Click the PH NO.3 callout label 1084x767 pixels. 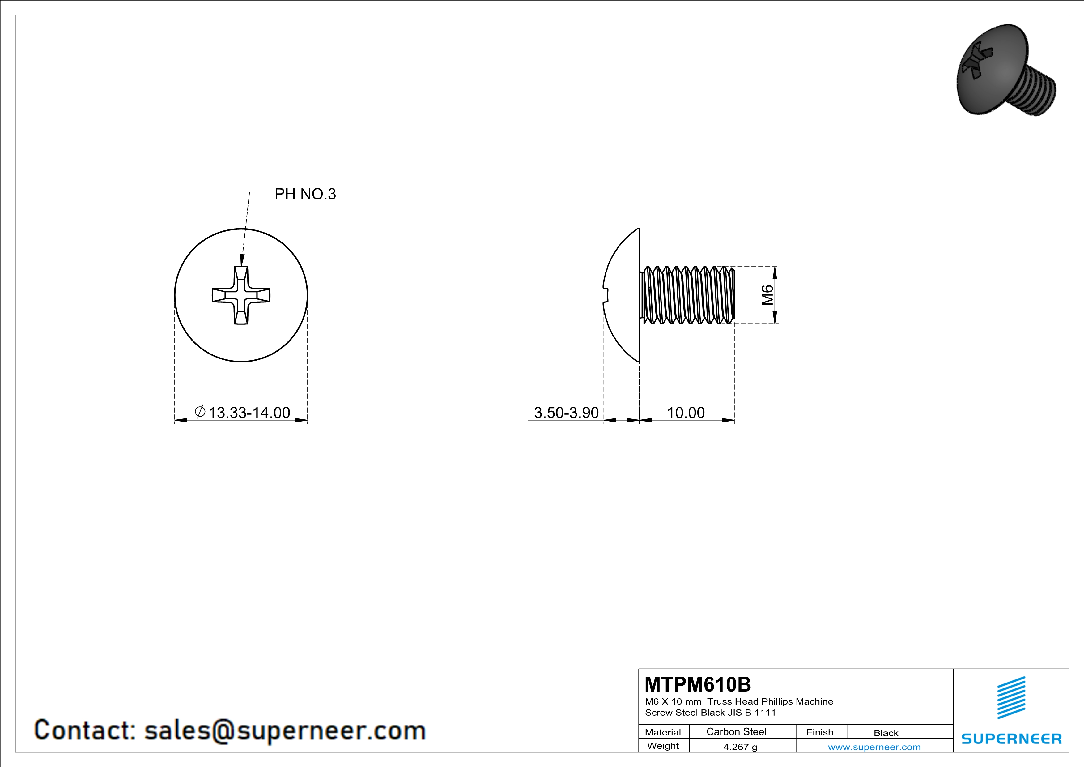(x=305, y=194)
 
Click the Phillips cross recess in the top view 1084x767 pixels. (x=241, y=295)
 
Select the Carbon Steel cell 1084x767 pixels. (x=736, y=731)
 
